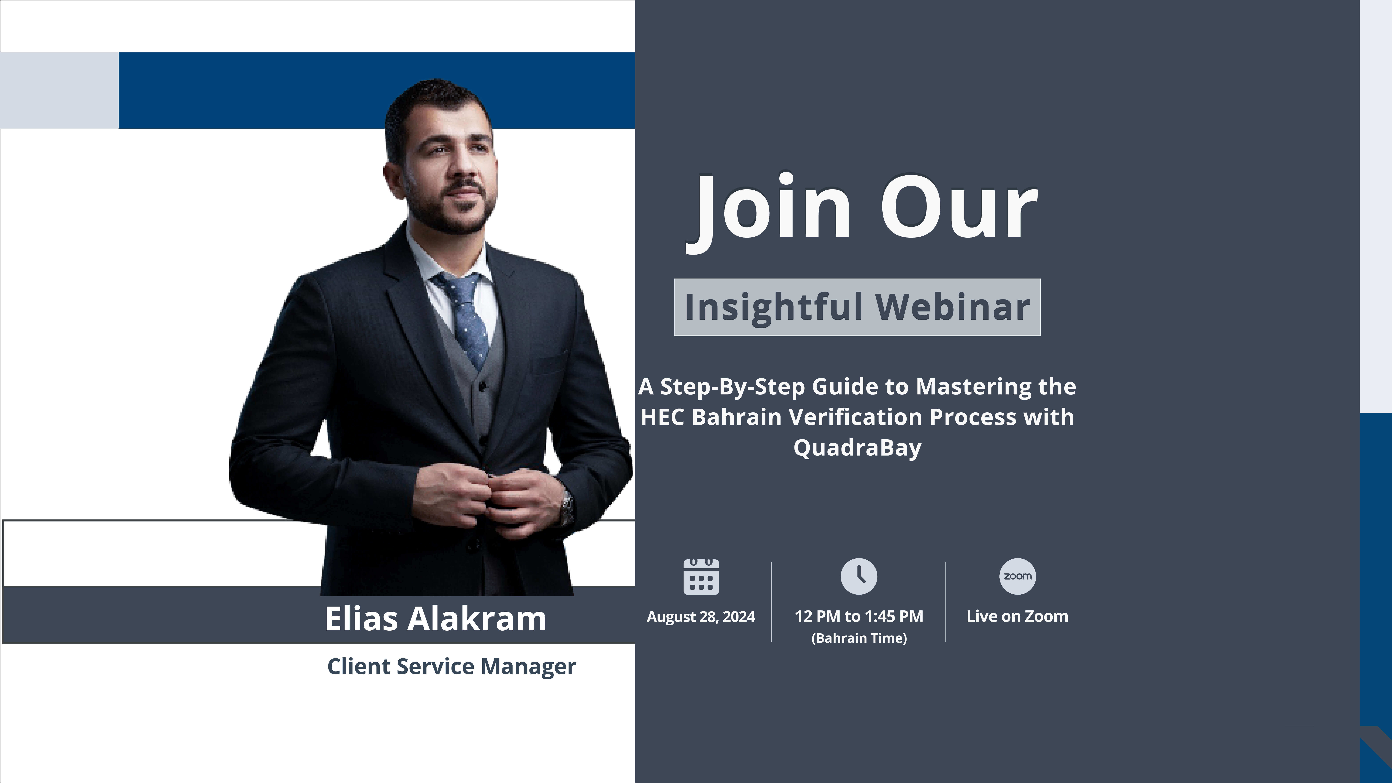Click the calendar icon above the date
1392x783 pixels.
(701, 577)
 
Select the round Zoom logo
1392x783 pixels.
(1018, 576)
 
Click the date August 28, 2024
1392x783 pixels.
(701, 616)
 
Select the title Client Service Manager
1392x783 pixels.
(452, 666)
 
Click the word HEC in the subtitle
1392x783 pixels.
(662, 417)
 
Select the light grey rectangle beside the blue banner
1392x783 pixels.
(60, 90)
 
